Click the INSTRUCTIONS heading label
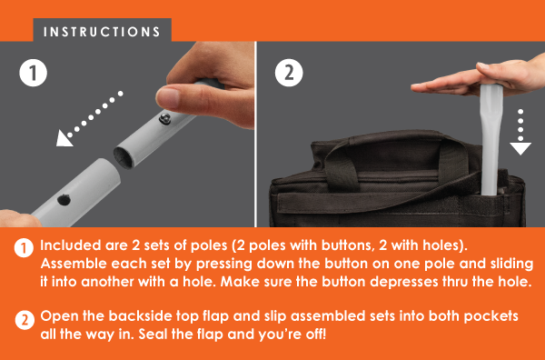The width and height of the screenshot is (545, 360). point(102,32)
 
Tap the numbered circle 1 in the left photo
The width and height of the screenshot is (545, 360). point(34,73)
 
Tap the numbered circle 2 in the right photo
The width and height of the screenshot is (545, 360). point(289,73)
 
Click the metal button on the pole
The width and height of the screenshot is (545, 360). point(164,118)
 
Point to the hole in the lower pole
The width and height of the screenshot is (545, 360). point(64,200)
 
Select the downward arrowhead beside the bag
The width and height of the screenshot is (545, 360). point(520,148)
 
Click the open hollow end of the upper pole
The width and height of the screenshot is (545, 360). point(124,157)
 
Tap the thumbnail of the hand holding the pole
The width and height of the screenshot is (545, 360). point(169,97)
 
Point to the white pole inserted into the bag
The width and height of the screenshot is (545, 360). point(490,139)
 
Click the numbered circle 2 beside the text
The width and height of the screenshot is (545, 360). point(25,320)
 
